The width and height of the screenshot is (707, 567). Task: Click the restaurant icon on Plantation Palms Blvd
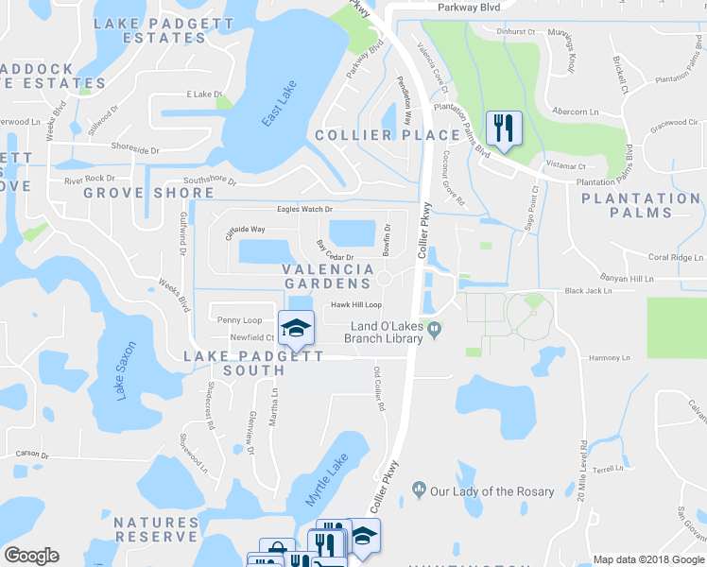point(503,128)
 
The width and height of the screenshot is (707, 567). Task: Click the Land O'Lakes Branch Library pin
point(435,329)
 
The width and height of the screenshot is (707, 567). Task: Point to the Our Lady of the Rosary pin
point(420,490)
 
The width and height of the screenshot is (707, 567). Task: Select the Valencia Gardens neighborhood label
point(327,276)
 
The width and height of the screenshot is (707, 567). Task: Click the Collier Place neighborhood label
point(388,135)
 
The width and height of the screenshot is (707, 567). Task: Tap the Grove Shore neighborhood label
point(135,193)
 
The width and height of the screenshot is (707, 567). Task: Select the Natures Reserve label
point(156,529)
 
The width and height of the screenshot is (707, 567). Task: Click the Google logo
point(31,556)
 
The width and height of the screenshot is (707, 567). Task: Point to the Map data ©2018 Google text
point(647,559)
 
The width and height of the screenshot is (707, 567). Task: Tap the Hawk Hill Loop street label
point(356,305)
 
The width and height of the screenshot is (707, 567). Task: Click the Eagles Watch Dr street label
point(304,209)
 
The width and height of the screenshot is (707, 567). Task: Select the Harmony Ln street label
point(609,358)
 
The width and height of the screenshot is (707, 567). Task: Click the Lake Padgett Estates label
point(150,30)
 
